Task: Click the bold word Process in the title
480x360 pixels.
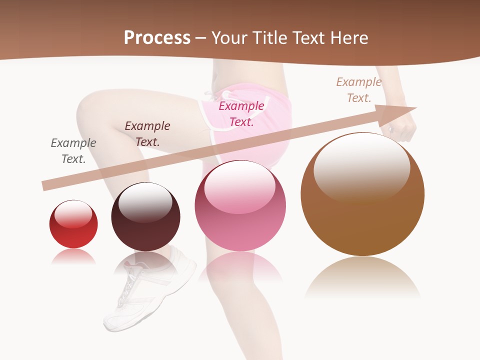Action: pyautogui.click(x=157, y=38)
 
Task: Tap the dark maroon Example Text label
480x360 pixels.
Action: pyautogui.click(x=147, y=134)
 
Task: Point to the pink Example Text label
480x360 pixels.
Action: pyautogui.click(x=241, y=113)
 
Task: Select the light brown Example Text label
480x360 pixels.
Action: pyautogui.click(x=358, y=90)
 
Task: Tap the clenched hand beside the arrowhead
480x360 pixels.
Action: pyautogui.click(x=404, y=128)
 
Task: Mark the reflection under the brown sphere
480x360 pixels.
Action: pyautogui.click(x=362, y=277)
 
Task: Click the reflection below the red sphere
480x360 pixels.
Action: pyautogui.click(x=73, y=257)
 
